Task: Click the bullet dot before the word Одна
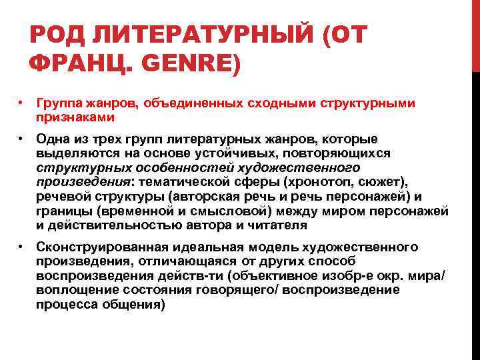pyautogui.click(x=21, y=139)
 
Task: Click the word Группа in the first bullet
pyautogui.click(x=57, y=104)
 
